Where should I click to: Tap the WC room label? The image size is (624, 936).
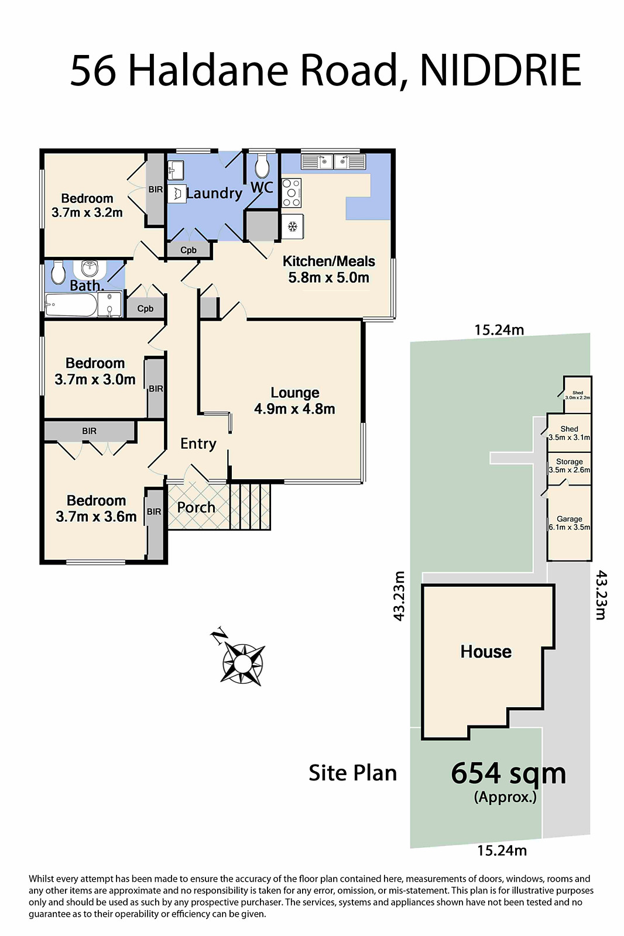(262, 187)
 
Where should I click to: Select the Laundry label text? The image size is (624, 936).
(214, 194)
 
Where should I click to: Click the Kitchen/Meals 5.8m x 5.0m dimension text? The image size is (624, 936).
(329, 277)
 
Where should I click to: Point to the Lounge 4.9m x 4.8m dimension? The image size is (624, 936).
(295, 409)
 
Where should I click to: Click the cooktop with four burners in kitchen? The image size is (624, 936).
(292, 193)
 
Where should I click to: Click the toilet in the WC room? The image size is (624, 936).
(262, 166)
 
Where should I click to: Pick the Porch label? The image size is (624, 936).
(196, 507)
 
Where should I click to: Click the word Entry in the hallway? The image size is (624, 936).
(198, 444)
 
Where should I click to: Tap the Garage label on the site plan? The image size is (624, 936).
(569, 519)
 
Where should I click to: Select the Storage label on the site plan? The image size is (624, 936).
(569, 462)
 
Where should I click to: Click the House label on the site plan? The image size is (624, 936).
(486, 652)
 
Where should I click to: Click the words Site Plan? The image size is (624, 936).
(352, 773)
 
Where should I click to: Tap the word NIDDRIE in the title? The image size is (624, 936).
(500, 70)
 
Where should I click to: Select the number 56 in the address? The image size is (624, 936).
(93, 70)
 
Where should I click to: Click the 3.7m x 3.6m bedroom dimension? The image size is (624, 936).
(96, 517)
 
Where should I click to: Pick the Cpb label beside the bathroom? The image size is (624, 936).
(145, 309)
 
